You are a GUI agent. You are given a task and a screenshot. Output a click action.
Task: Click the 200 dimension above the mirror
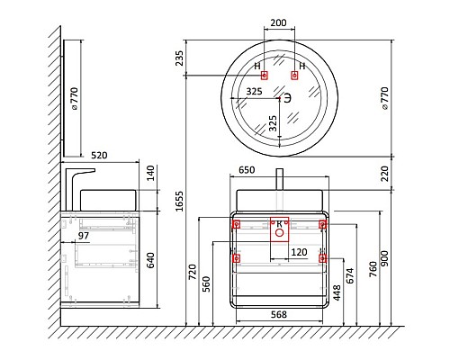click(278, 22)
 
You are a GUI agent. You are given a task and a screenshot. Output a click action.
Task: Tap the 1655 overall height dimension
click(179, 201)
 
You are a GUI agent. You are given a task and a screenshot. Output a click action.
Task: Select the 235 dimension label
click(179, 58)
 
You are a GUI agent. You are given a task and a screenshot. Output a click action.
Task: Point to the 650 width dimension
click(247, 170)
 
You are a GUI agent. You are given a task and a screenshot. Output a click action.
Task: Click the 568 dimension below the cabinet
click(279, 314)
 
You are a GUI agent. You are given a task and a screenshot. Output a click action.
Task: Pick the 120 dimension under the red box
click(299, 252)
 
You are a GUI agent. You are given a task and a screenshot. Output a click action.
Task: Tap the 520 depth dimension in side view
click(99, 156)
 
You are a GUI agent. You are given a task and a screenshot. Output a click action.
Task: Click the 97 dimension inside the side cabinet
click(84, 236)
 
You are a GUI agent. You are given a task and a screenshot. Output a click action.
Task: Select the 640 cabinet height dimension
click(150, 260)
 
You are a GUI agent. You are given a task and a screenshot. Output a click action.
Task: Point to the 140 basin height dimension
click(150, 173)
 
